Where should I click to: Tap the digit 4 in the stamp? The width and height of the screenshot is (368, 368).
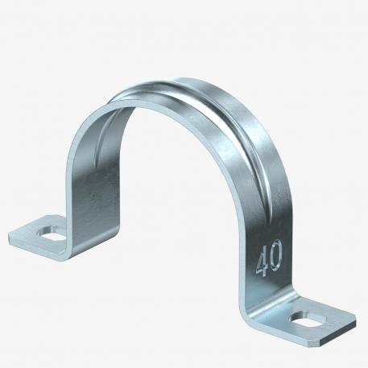point(262,263)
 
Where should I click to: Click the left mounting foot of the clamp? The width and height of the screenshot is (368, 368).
point(36,235)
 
